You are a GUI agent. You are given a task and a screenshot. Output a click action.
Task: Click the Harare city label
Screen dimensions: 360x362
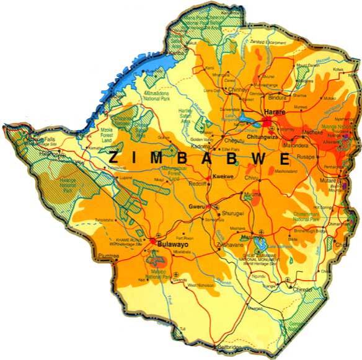coord(274,112)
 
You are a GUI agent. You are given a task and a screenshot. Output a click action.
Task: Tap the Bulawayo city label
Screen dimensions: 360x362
coord(172,245)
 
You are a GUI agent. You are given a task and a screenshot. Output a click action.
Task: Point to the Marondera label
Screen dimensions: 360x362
coord(296,147)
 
